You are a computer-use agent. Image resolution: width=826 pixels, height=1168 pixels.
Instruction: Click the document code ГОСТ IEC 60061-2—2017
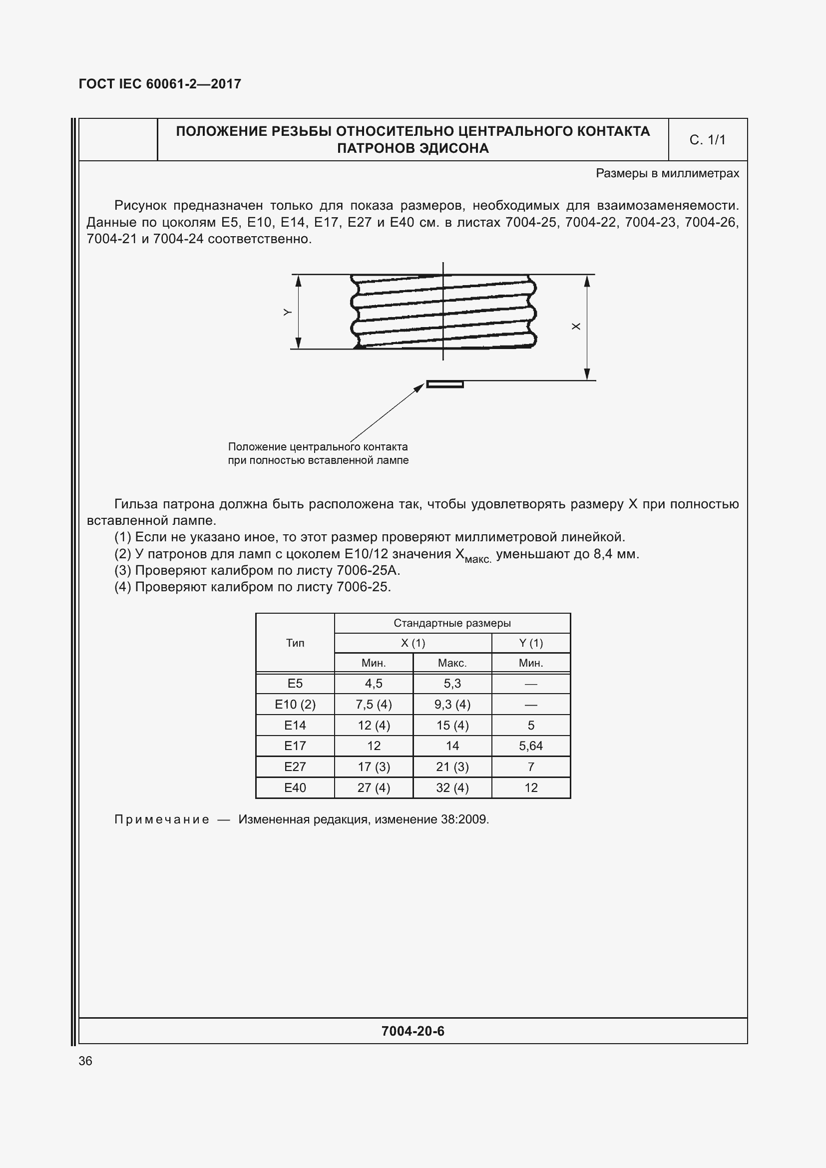(160, 84)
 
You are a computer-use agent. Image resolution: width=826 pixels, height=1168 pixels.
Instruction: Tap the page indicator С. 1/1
(707, 140)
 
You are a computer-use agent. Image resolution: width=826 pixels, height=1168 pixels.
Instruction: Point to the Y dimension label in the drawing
(287, 312)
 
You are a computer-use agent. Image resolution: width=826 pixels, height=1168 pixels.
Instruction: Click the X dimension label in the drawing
(576, 326)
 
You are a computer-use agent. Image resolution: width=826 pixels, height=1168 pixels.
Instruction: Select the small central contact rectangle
(444, 384)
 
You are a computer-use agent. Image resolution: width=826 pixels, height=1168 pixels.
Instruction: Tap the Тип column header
(295, 643)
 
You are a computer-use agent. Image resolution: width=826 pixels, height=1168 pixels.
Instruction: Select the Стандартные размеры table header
(451, 623)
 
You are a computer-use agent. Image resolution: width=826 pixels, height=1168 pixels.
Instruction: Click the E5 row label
(295, 684)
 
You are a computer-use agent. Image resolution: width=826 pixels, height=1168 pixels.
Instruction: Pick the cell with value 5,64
(530, 746)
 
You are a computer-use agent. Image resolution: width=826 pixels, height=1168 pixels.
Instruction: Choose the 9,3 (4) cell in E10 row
(452, 705)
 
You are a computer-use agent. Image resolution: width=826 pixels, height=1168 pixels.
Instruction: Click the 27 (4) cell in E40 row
(374, 787)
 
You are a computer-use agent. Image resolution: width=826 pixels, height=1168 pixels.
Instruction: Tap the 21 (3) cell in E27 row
(452, 767)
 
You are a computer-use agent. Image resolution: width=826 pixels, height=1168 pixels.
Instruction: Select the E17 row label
(295, 746)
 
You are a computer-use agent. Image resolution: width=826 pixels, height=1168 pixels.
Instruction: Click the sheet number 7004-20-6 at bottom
(413, 1031)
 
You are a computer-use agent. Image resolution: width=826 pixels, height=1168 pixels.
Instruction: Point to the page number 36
(85, 1061)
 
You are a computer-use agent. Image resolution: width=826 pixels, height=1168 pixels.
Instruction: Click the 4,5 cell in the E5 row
(374, 684)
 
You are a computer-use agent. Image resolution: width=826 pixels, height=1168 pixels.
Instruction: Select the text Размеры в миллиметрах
(667, 173)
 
